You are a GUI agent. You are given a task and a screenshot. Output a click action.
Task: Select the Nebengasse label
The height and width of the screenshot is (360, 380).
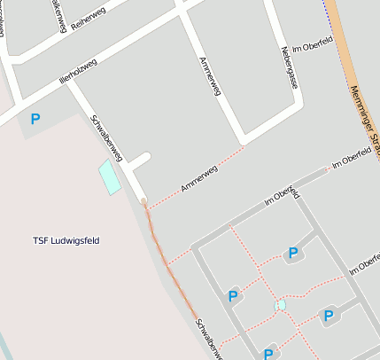click(289, 68)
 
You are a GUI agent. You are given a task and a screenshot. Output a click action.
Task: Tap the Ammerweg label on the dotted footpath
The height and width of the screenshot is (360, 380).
click(198, 177)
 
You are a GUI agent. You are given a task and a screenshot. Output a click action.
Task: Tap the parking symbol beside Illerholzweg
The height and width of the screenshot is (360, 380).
click(35, 119)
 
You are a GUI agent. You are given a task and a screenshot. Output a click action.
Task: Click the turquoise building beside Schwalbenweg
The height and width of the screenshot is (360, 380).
click(108, 176)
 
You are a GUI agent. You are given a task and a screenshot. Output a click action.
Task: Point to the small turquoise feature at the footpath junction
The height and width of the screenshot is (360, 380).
click(281, 305)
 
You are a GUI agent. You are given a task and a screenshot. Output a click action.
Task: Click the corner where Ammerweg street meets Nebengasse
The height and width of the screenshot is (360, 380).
click(243, 142)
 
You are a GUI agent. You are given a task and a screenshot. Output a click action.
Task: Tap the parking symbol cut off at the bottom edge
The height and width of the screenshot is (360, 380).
click(268, 354)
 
